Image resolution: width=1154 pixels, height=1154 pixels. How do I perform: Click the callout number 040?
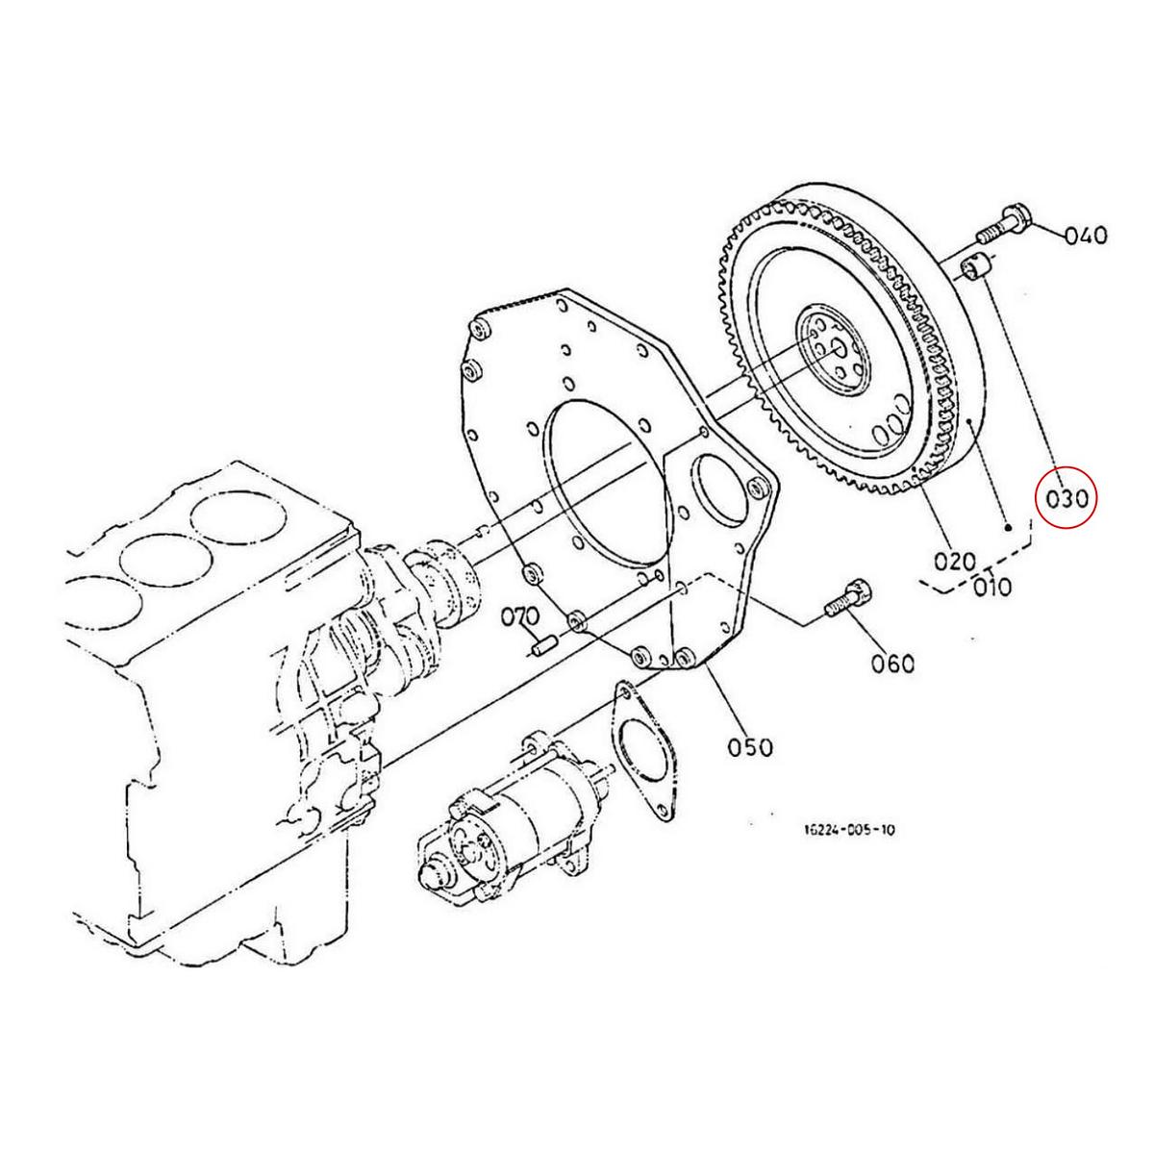point(1086,235)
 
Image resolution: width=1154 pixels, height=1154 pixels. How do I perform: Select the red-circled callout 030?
point(1065,498)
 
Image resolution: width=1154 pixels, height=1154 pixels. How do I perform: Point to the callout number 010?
point(991,586)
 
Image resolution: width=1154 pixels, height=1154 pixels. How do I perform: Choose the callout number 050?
point(750,745)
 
